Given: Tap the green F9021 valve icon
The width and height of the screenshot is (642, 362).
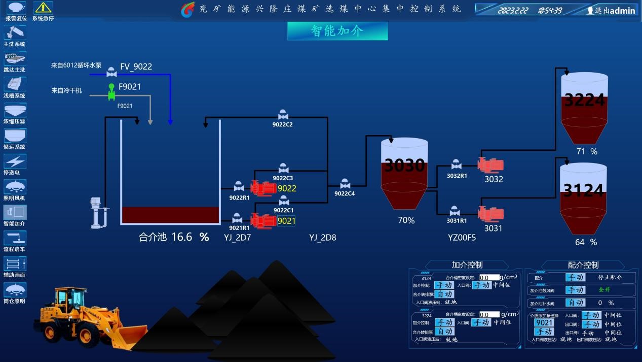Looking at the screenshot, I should click(x=111, y=92).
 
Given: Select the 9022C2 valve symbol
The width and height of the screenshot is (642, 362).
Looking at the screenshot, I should click(x=283, y=115).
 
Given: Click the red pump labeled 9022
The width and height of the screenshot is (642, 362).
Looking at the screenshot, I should click(x=263, y=188).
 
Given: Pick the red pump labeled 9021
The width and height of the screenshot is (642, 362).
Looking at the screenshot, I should click(x=263, y=220).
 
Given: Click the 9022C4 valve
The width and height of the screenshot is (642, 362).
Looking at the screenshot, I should click(x=345, y=184).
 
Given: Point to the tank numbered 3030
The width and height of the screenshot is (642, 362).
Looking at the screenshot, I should click(x=404, y=173).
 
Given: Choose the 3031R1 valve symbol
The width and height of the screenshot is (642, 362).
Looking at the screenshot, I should click(x=455, y=211).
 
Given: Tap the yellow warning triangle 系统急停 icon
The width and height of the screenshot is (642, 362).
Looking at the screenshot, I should click(x=43, y=8).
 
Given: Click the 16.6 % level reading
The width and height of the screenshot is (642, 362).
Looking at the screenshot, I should click(x=190, y=237).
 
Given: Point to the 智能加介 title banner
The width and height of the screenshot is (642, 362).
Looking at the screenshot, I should click(x=337, y=31).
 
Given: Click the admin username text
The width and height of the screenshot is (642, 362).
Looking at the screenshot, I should click(x=622, y=11).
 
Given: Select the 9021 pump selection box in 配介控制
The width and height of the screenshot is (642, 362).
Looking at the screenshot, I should click(x=544, y=323).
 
